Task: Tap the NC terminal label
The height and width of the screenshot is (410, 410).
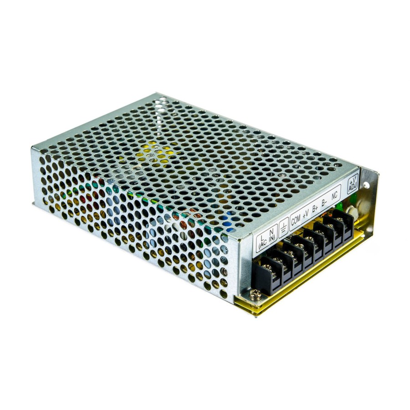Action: click(334, 195)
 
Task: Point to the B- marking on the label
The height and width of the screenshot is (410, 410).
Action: click(324, 202)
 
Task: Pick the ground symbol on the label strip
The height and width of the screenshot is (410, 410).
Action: click(283, 228)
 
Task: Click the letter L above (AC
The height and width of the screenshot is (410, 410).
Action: click(262, 238)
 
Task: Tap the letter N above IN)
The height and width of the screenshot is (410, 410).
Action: click(271, 232)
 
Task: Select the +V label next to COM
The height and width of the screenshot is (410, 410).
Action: click(305, 215)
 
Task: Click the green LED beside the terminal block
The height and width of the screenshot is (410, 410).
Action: click(339, 206)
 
